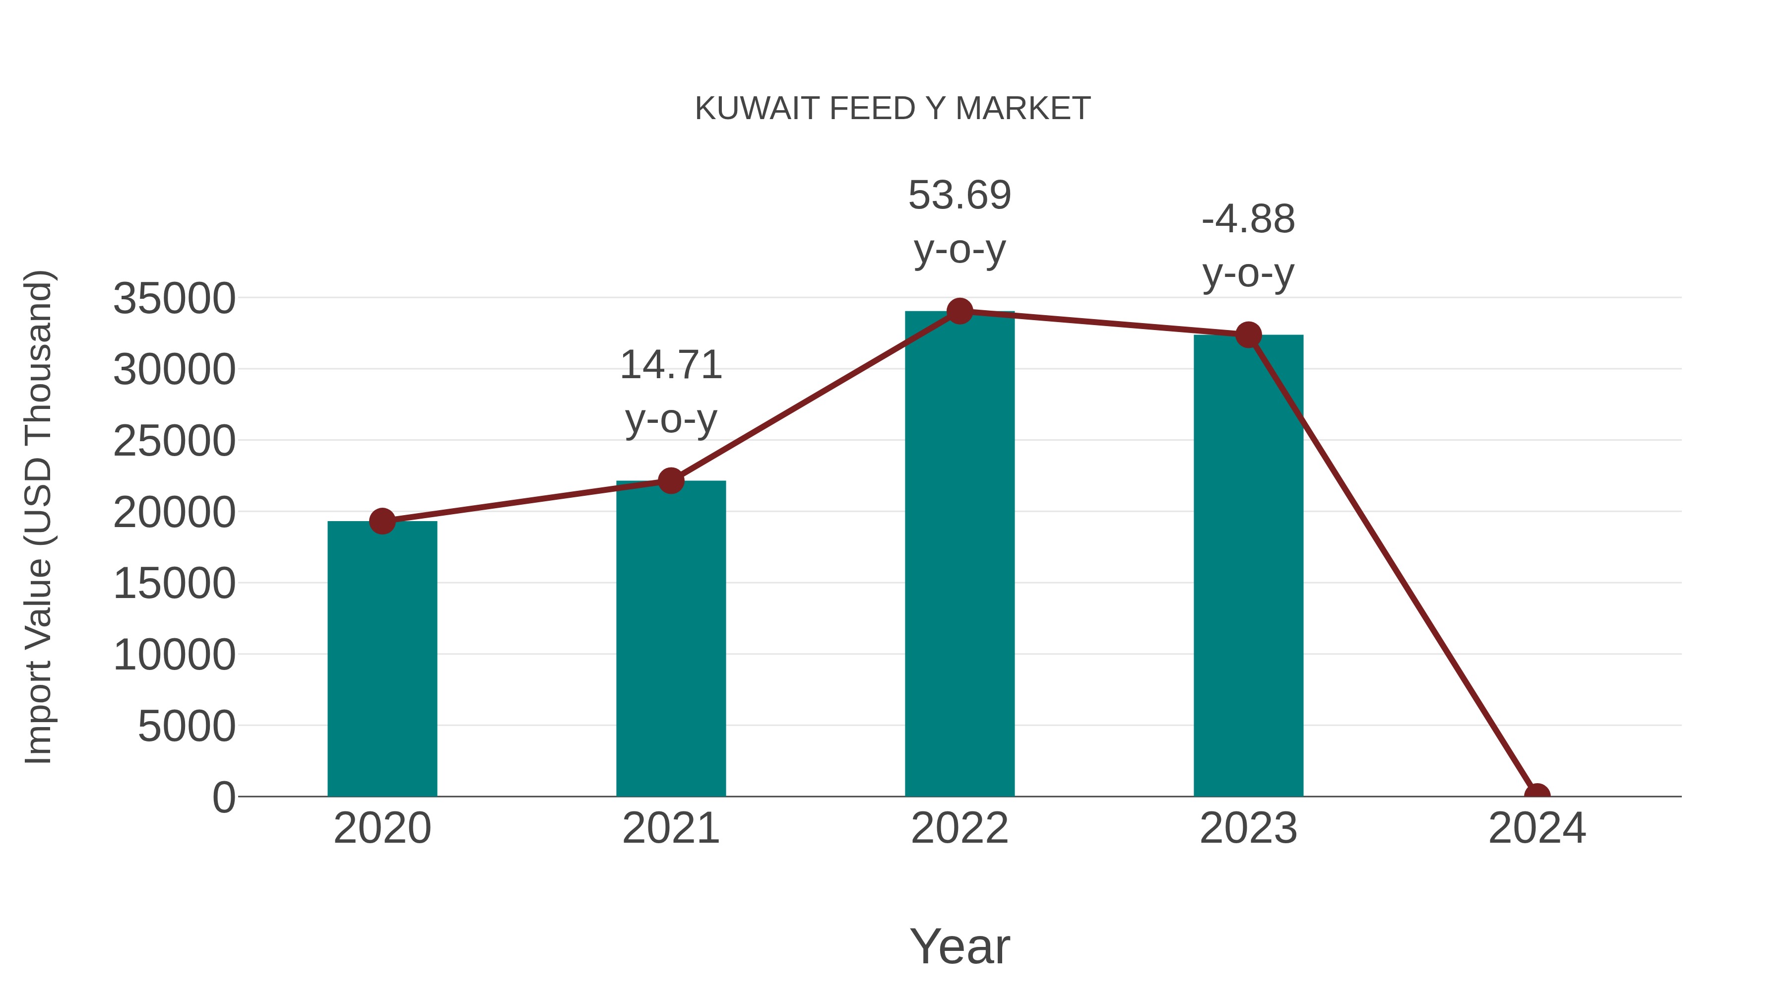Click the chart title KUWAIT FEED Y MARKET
(x=893, y=109)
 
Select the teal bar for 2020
(x=382, y=659)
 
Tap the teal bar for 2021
(x=670, y=638)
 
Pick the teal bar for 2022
(x=959, y=555)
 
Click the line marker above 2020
(x=382, y=521)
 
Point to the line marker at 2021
(x=670, y=480)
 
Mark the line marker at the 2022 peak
(x=959, y=311)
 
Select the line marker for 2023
(x=1248, y=335)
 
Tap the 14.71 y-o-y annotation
(x=670, y=392)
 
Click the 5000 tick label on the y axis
(x=187, y=727)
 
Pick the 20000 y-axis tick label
(x=174, y=513)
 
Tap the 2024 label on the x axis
(x=1536, y=828)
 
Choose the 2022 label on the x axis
(x=959, y=828)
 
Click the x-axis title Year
(x=959, y=946)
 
